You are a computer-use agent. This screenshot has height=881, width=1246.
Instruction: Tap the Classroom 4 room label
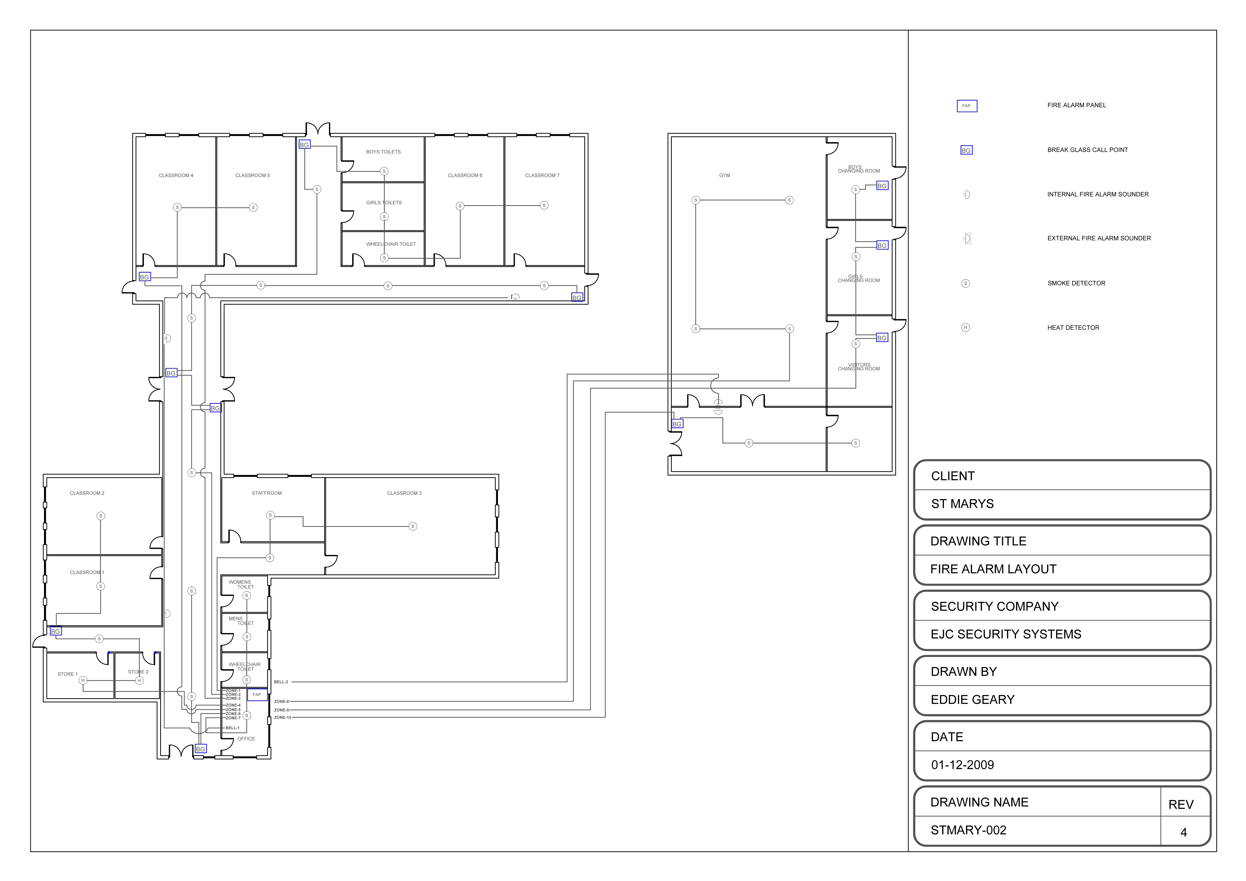pos(176,175)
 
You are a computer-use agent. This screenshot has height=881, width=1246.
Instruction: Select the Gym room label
pos(724,175)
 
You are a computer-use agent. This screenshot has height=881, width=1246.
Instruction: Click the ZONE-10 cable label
pos(282,718)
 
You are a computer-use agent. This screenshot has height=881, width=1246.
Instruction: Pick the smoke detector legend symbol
pos(966,283)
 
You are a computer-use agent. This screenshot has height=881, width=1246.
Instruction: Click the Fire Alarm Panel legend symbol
pos(967,106)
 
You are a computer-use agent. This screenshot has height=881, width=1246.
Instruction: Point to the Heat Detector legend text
pos(1073,328)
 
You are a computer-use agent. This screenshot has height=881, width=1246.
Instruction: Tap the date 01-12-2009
pos(962,765)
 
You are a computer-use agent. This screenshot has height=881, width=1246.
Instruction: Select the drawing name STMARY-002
pos(968,830)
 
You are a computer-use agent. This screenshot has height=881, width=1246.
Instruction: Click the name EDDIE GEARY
pos(973,700)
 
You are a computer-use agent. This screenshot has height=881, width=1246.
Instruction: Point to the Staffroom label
pos(266,493)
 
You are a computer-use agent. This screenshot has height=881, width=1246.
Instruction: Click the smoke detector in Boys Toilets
pos(384,172)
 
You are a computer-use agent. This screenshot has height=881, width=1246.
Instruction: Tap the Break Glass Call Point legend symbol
pos(966,150)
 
